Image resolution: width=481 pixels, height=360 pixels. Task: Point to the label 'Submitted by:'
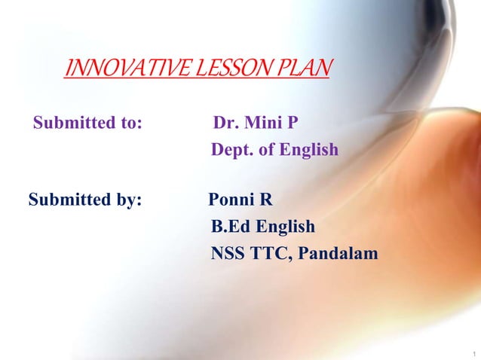[85, 200]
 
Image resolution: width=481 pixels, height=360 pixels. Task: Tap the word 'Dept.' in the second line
[232, 150]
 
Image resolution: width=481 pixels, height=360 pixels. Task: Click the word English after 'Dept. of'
[309, 150]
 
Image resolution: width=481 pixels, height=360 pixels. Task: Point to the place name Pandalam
[338, 255]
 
